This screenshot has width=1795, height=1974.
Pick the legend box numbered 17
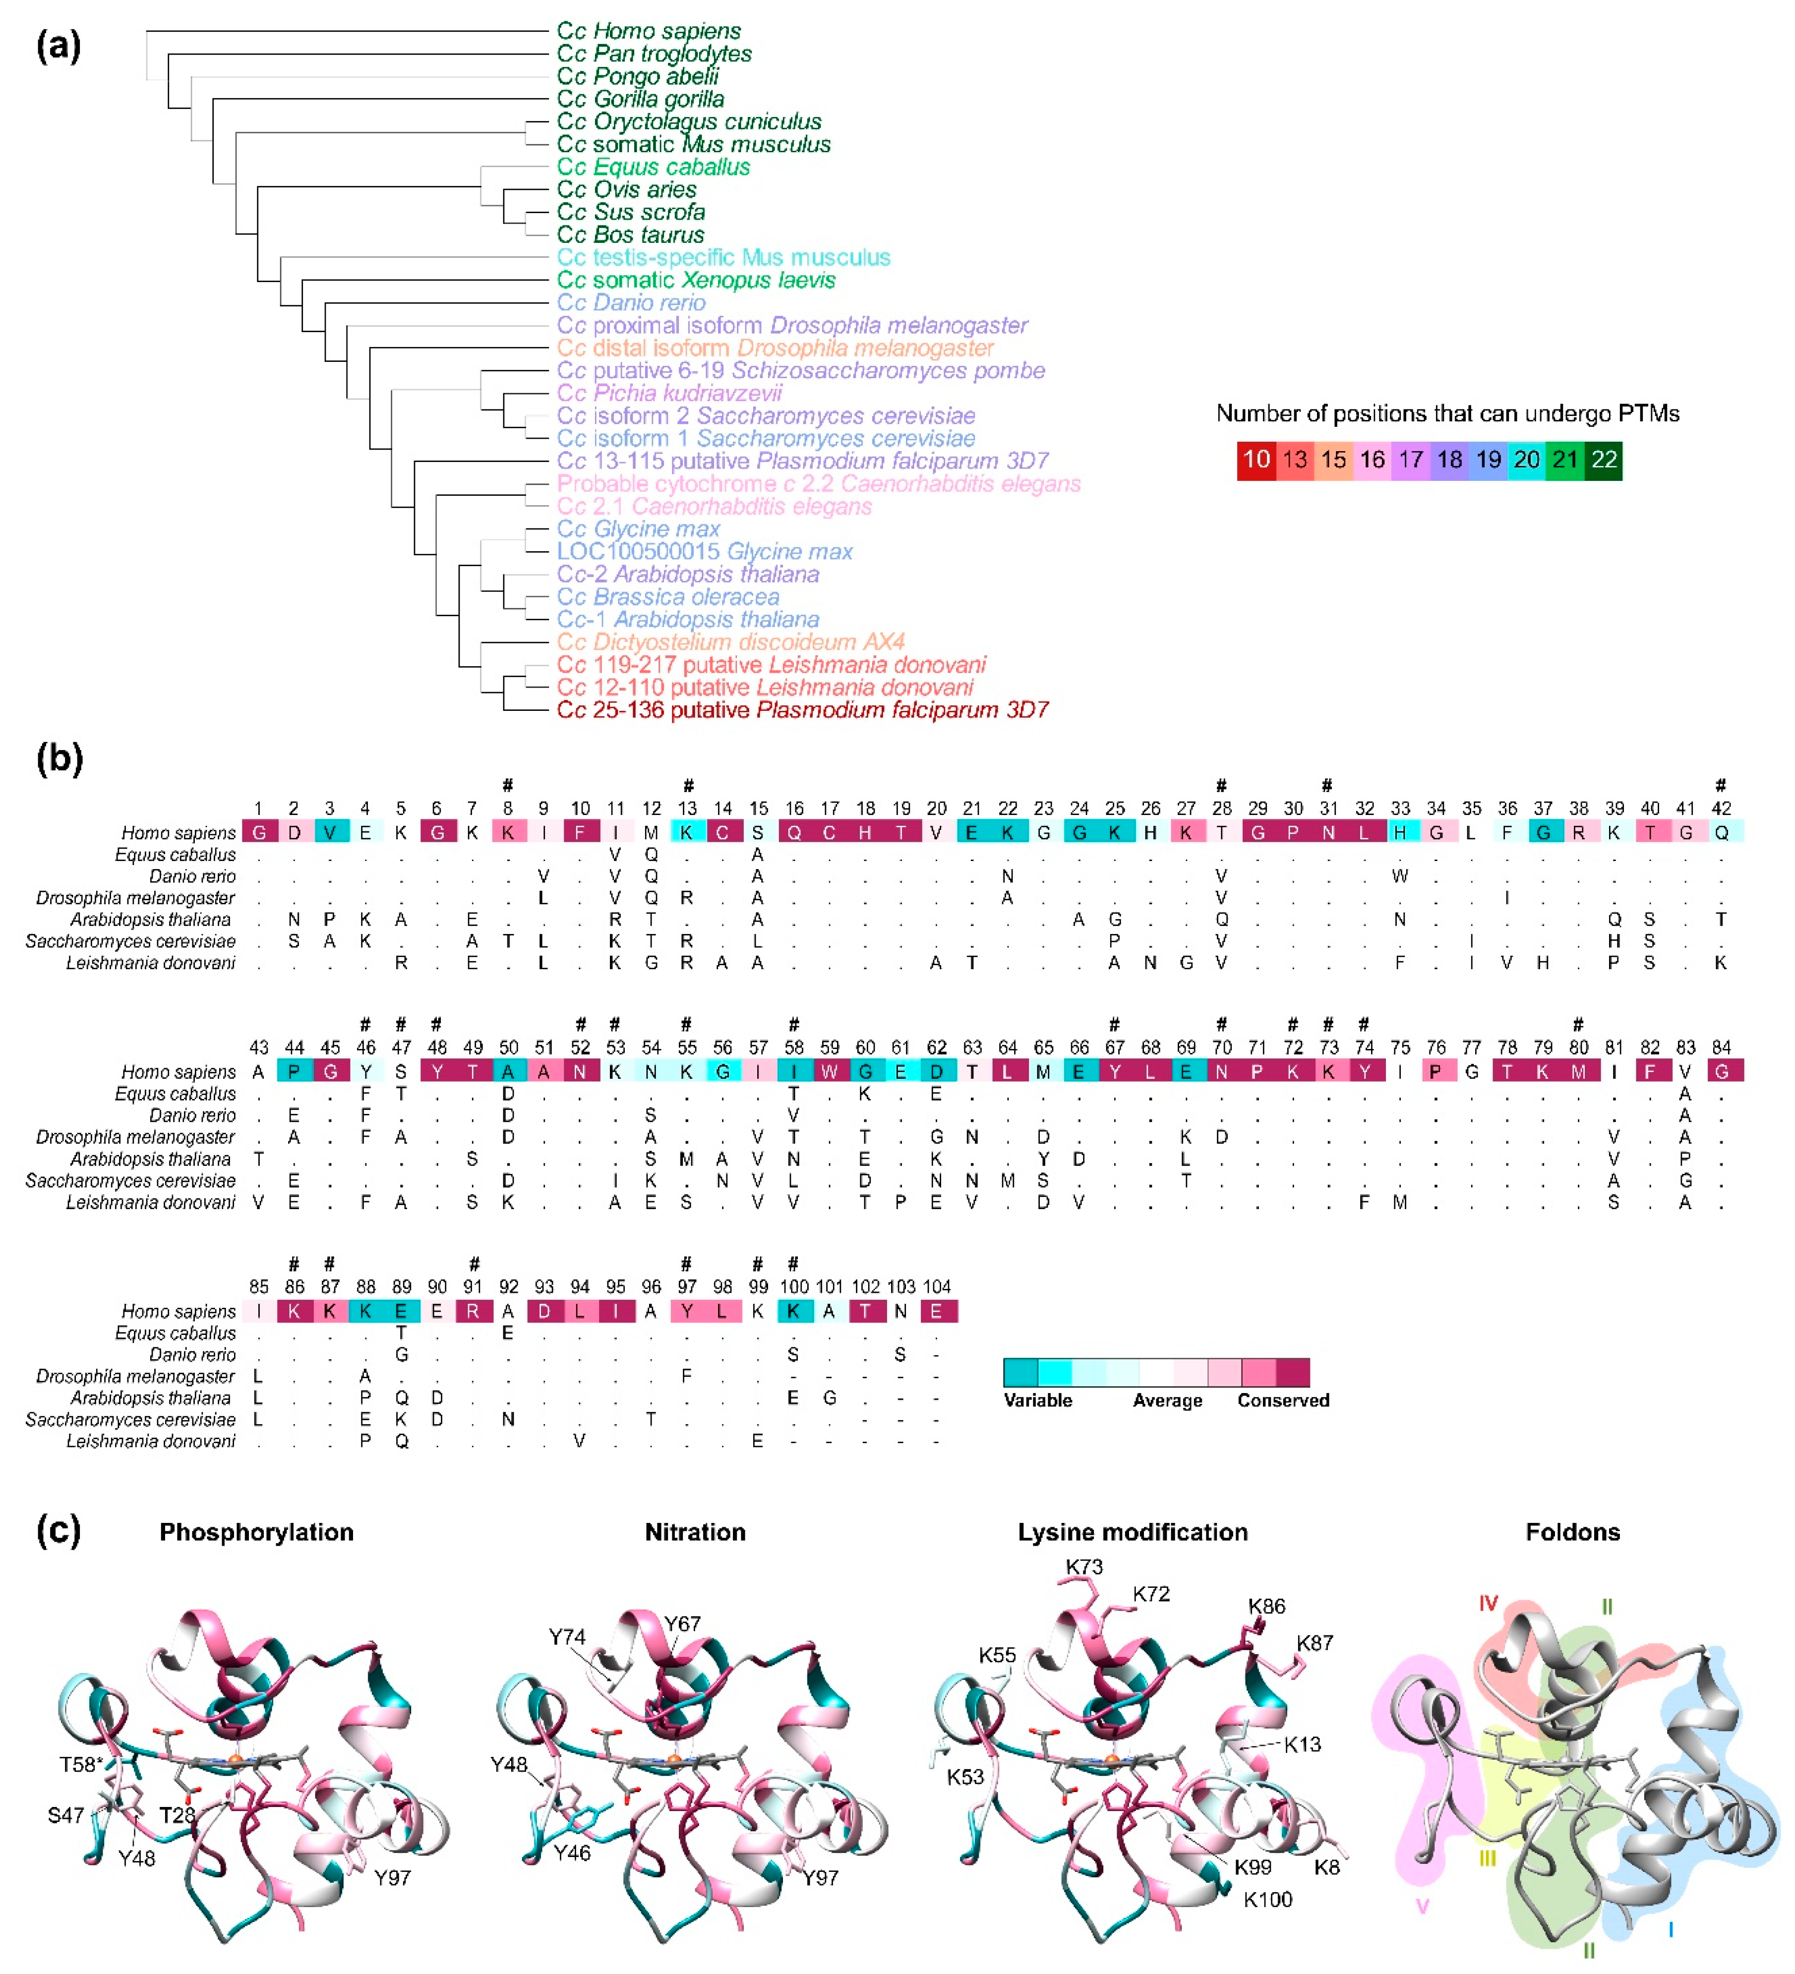tap(1410, 460)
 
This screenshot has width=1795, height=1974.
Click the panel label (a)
tap(59, 46)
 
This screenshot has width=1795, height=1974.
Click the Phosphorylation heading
tap(256, 1532)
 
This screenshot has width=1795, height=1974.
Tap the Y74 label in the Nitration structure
tap(567, 1637)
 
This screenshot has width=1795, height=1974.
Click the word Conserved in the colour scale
tap(1283, 1400)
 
